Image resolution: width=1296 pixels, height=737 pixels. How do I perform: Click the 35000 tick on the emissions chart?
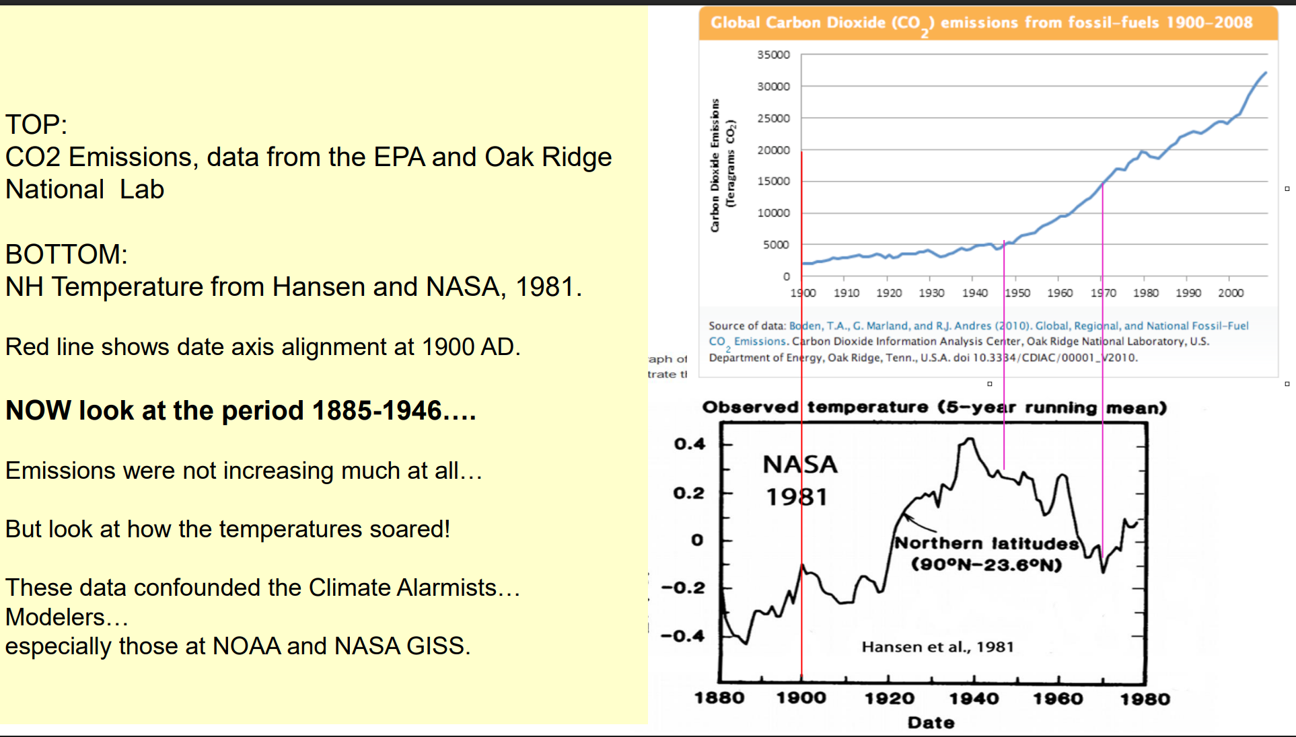[x=773, y=54]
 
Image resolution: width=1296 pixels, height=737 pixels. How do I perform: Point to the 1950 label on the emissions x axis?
[x=1017, y=293]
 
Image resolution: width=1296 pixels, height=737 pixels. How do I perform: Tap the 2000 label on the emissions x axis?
[x=1231, y=293]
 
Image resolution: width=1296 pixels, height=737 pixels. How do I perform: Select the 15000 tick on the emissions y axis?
[x=773, y=181]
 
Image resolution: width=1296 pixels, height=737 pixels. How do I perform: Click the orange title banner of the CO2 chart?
[x=988, y=24]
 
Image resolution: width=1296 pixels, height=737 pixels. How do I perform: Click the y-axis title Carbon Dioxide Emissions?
[x=715, y=165]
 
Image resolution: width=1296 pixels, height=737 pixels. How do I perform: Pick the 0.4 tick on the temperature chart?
[x=690, y=444]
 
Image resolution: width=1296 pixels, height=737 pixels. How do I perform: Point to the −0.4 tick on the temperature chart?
[x=683, y=635]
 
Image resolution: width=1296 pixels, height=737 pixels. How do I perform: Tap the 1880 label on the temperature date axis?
[x=719, y=698]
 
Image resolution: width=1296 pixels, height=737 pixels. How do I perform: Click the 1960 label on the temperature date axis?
[x=1058, y=698]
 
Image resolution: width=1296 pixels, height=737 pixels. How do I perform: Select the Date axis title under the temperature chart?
[x=931, y=722]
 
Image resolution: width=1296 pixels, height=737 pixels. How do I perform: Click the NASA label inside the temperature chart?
[x=800, y=464]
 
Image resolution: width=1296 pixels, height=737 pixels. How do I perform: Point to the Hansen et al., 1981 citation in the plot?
[x=937, y=647]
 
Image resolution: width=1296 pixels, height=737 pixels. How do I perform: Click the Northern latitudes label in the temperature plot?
[x=986, y=543]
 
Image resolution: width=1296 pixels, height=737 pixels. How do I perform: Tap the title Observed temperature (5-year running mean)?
[x=935, y=408]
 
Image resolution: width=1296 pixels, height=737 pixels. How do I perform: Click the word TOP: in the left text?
[x=36, y=124]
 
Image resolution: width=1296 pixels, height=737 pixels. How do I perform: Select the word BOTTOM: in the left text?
[x=67, y=254]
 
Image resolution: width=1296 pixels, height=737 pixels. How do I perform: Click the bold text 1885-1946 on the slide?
[x=377, y=410]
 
